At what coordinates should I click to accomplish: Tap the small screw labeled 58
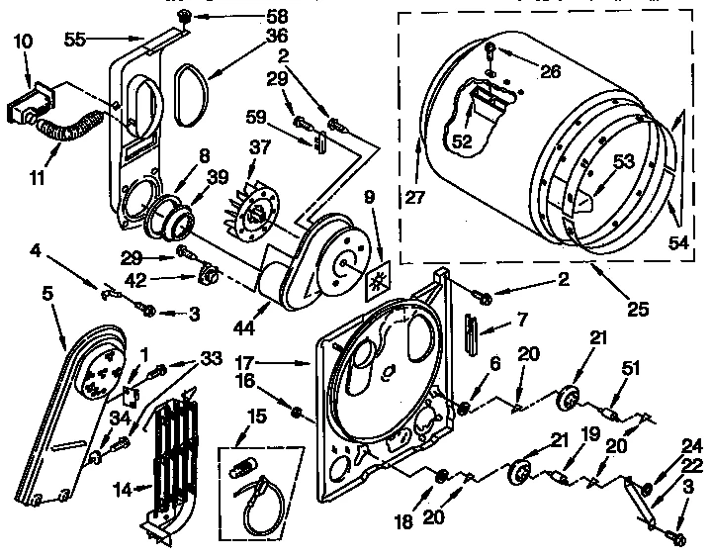[x=184, y=17]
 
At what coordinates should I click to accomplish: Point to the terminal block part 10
[x=27, y=102]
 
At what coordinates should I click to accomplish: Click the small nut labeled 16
[x=297, y=408]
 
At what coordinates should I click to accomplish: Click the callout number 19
[x=590, y=434]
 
